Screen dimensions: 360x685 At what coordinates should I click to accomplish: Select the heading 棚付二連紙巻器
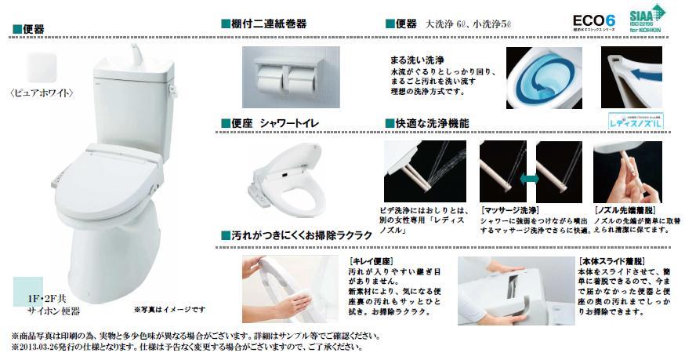coord(268,25)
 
